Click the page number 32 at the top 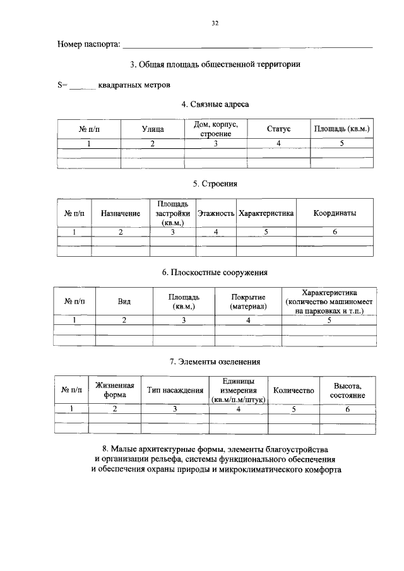(x=215, y=23)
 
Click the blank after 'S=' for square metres (x=82, y=84)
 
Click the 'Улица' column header (x=152, y=129)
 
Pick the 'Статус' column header (x=278, y=129)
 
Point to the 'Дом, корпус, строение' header (x=215, y=129)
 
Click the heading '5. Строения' (x=215, y=184)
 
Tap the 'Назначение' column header (x=120, y=214)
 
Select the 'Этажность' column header (x=215, y=214)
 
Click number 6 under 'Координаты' (x=335, y=232)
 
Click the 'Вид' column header (x=124, y=302)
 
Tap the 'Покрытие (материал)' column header (x=248, y=302)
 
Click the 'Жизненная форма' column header (x=115, y=391)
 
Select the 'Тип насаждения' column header (x=175, y=391)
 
